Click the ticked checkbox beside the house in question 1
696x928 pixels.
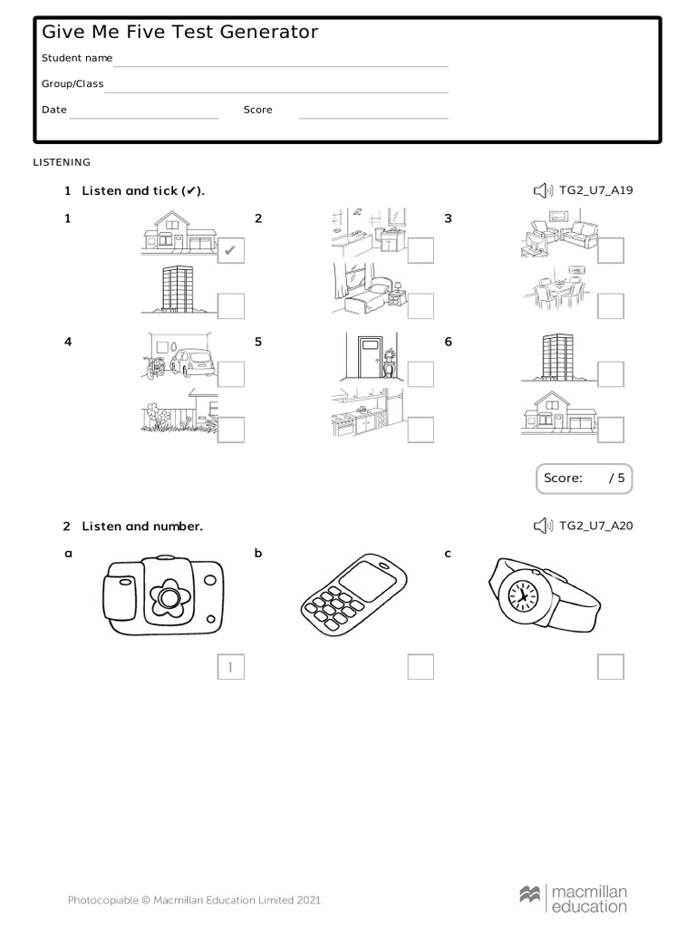click(x=231, y=250)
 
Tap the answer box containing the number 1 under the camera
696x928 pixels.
click(x=231, y=667)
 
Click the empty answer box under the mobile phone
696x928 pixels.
click(x=420, y=667)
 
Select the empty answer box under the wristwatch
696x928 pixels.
click(x=611, y=667)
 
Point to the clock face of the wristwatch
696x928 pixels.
click(x=521, y=595)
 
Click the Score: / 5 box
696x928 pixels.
click(x=584, y=478)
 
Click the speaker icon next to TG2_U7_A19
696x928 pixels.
click(x=542, y=190)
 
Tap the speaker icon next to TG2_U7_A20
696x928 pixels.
click(x=542, y=527)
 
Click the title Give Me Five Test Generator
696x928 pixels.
click(x=180, y=33)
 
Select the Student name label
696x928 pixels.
click(x=77, y=58)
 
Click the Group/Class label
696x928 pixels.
click(x=72, y=84)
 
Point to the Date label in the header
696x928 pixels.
click(x=54, y=110)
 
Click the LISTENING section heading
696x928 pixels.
click(x=62, y=162)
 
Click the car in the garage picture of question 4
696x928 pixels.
click(x=192, y=363)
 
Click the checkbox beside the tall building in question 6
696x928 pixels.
click(x=611, y=373)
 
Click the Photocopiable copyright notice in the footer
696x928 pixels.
click(x=194, y=900)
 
